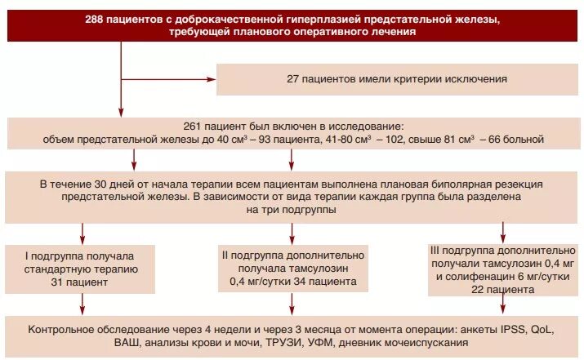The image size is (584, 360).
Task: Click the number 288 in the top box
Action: tap(96, 19)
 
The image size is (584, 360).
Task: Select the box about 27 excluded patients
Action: tap(397, 79)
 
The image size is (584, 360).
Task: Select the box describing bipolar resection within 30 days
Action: tap(292, 197)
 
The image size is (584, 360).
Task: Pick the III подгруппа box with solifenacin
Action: tap(502, 268)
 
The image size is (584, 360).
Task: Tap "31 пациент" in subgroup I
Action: tap(80, 282)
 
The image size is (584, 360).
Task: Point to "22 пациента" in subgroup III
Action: tap(502, 288)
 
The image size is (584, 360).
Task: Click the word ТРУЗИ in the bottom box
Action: tap(262, 344)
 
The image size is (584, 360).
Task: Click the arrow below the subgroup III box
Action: tap(502, 308)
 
